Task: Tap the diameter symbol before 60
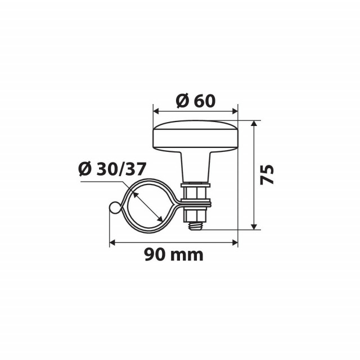tap(181, 102)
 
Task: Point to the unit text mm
tap(188, 256)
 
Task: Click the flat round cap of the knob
tap(196, 136)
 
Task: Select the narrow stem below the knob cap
tap(196, 166)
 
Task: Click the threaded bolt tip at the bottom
tap(196, 224)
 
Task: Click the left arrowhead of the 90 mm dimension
tap(112, 242)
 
